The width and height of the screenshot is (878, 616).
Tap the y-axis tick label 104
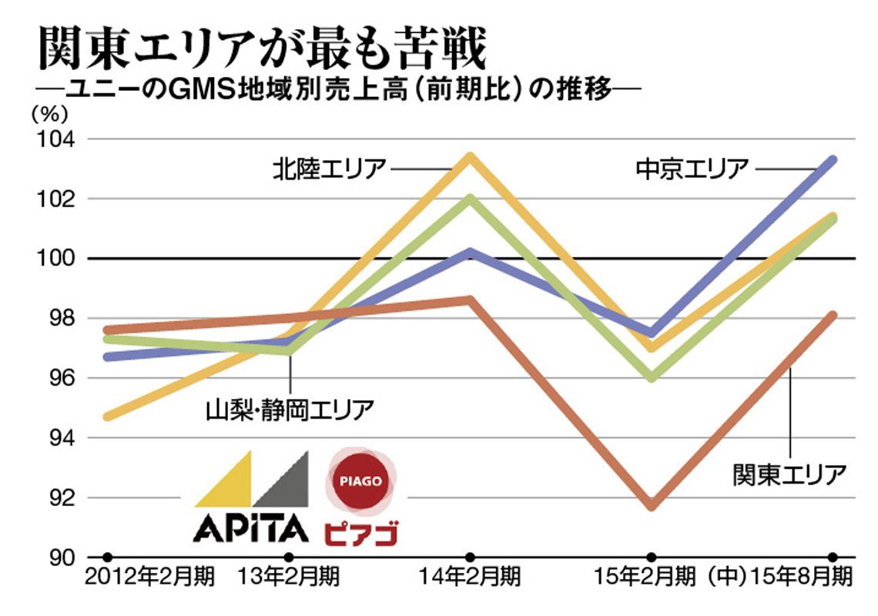click(55, 139)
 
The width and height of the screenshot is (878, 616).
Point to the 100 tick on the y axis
click(55, 259)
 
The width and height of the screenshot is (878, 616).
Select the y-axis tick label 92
click(62, 498)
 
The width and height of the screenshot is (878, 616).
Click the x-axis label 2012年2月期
click(149, 576)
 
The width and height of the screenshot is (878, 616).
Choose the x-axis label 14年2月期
click(470, 576)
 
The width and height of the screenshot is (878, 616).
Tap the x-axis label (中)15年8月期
click(779, 576)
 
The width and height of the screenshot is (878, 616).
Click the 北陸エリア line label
click(330, 169)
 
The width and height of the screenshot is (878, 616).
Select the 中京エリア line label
click(692, 169)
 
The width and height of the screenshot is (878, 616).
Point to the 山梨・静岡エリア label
click(290, 410)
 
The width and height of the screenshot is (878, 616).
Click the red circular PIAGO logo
click(361, 481)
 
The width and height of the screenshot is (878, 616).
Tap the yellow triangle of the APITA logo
click(223, 479)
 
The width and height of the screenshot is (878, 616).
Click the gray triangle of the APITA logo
click(281, 479)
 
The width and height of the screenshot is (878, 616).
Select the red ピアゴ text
click(361, 533)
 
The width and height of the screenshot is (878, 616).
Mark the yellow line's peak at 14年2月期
click(471, 157)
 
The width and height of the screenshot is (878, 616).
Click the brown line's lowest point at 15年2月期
click(652, 505)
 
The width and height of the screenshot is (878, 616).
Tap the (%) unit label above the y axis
click(49, 114)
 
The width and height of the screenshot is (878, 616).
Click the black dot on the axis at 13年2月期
click(289, 557)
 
